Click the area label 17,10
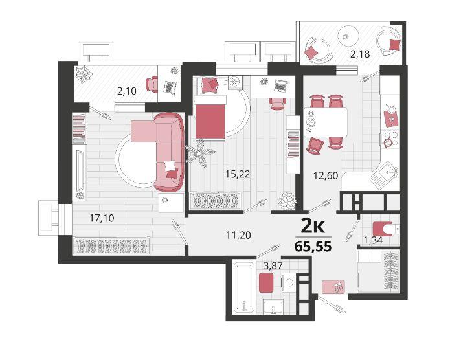(x=102, y=218)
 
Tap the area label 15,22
(x=238, y=174)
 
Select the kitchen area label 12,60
(x=326, y=176)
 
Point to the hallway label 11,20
(x=238, y=235)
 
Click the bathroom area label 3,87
(x=273, y=266)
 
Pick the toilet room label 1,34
(x=373, y=241)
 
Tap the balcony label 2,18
(x=360, y=54)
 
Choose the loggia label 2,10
(x=127, y=91)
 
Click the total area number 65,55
(x=313, y=246)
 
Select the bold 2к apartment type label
(x=313, y=227)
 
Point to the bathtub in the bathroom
(x=243, y=286)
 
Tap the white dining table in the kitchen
(x=326, y=122)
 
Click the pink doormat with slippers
(x=333, y=287)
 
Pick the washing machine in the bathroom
(x=289, y=283)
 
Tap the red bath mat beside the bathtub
(x=266, y=283)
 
